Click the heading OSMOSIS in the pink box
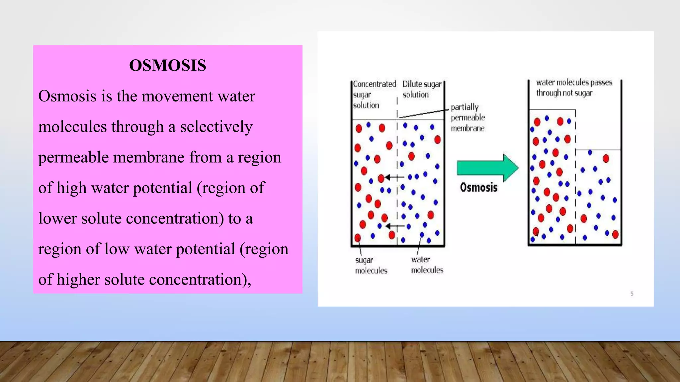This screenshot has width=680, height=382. point(168,65)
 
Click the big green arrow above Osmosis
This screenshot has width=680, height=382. point(487,168)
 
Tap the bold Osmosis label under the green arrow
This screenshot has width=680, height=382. point(478,187)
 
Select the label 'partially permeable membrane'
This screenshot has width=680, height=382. point(467,118)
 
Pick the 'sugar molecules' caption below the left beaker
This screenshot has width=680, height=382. point(371,265)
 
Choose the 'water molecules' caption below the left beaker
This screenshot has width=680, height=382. point(427,265)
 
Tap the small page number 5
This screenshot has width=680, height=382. point(632,293)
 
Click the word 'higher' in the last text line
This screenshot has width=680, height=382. point(78,280)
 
